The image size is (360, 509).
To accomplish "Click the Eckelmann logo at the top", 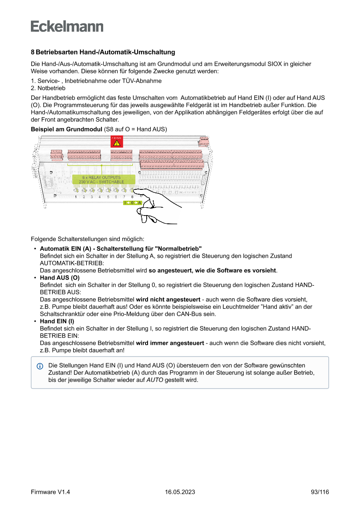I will point(67,26).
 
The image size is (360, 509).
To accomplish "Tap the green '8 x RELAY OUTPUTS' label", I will point(101,179).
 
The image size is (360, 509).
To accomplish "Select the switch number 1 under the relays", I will point(76,197).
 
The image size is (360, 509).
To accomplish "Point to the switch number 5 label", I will point(108,197).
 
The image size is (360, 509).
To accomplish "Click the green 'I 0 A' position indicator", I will point(133,203).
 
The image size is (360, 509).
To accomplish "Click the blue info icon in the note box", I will point(40,366).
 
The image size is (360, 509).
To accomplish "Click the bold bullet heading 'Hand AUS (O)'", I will point(60,278).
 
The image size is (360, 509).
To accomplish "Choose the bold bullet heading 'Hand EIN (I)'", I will point(57,321).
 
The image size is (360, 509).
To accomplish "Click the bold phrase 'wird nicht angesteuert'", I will point(168,300).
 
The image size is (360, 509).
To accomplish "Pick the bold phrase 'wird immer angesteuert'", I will point(170,343).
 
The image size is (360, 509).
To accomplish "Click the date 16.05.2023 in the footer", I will point(180,492).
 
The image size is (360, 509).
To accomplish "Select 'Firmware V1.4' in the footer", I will point(50,492).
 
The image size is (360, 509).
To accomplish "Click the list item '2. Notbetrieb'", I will point(48,88).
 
